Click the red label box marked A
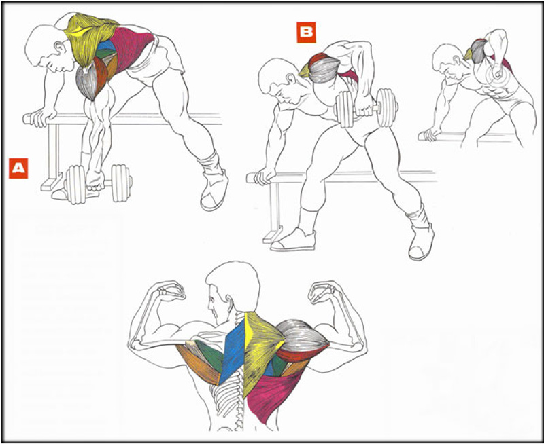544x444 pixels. tap(18, 168)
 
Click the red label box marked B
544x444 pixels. tap(307, 33)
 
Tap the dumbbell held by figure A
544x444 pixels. tap(99, 183)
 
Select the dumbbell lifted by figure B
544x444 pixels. tap(366, 108)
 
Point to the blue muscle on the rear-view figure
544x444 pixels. tap(233, 350)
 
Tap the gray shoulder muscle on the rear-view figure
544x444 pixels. tap(302, 335)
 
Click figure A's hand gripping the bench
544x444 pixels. tap(41, 117)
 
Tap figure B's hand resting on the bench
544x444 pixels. tap(265, 177)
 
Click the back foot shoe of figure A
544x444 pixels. tap(214, 191)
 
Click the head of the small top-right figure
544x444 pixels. tap(448, 63)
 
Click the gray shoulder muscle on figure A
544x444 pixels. tap(87, 82)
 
